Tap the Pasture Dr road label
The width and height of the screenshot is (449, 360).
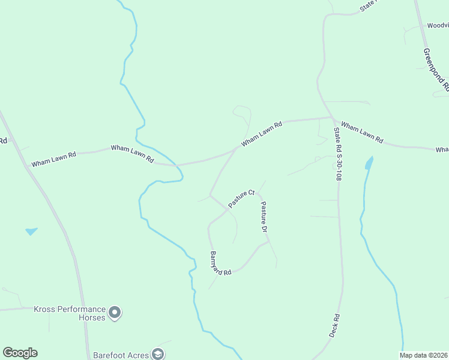click(263, 217)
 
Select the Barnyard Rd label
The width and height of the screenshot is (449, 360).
click(220, 263)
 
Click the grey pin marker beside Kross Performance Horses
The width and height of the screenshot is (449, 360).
click(115, 313)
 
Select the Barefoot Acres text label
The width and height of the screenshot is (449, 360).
click(121, 355)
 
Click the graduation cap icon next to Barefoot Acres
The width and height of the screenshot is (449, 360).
click(158, 355)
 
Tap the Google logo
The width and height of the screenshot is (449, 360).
click(20, 353)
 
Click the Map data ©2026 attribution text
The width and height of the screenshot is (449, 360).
click(423, 355)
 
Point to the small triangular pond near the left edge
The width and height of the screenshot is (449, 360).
click(31, 231)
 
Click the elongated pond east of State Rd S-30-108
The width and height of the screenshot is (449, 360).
click(368, 163)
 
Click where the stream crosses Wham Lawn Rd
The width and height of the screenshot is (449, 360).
click(175, 164)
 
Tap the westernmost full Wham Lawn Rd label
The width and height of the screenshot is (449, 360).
click(54, 159)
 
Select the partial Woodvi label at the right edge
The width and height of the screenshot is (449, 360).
click(438, 26)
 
